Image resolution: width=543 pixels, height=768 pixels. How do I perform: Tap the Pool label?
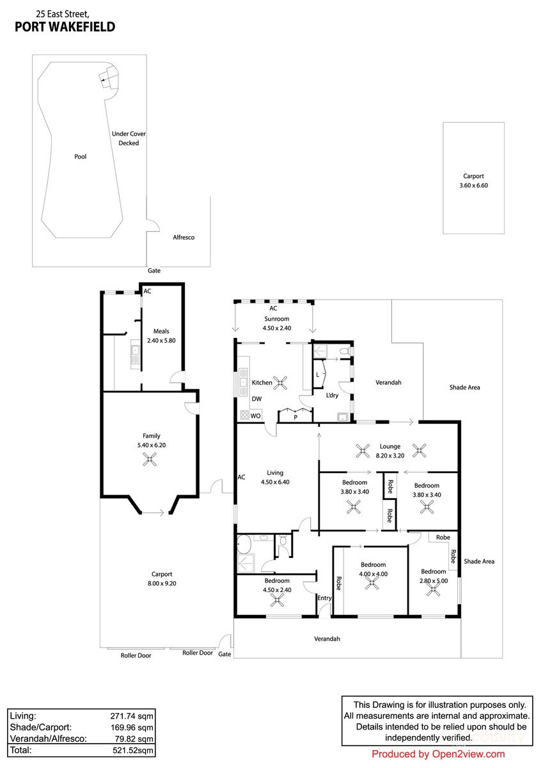80,156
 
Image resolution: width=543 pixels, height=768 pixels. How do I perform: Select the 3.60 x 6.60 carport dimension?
473,186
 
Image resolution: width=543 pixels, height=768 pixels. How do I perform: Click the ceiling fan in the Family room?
149,458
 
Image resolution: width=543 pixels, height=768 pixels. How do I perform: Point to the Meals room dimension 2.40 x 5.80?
161,340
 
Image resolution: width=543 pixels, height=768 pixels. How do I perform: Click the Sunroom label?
276,319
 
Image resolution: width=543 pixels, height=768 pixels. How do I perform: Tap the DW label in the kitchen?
256,399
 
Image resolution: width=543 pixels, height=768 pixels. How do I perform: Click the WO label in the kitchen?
255,416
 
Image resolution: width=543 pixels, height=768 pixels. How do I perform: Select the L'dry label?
332,396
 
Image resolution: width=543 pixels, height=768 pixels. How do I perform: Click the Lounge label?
390,447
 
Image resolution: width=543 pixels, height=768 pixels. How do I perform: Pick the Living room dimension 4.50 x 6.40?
274,483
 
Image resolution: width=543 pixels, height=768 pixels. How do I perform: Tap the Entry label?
325,598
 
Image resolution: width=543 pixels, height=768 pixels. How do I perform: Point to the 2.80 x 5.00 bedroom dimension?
433,580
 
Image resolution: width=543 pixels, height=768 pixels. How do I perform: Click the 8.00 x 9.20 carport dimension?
162,583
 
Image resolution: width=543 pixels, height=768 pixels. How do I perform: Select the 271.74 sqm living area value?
131,716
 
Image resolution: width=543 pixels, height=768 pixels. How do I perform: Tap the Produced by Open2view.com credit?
438,754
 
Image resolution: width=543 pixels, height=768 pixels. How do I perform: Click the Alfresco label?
184,237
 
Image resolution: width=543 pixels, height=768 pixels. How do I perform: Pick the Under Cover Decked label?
129,138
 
